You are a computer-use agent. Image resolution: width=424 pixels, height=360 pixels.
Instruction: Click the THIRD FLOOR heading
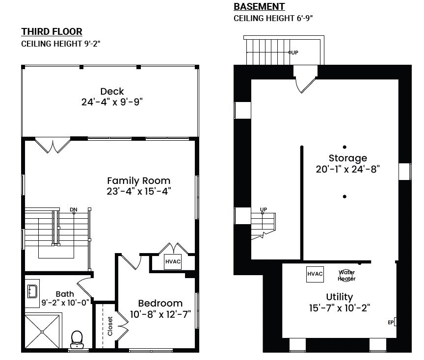coord(52,31)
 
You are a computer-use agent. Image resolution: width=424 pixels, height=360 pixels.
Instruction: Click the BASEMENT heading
coord(259,6)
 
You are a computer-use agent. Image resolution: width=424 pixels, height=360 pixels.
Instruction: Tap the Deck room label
coord(112,91)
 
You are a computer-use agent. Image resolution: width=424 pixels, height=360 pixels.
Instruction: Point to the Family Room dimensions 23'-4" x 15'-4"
coord(139,191)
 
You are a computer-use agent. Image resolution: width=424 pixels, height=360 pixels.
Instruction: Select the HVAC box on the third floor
coord(173,261)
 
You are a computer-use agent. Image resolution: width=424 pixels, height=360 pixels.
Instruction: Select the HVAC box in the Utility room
coord(315,274)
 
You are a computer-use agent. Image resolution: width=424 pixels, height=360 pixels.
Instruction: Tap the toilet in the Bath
coord(77,339)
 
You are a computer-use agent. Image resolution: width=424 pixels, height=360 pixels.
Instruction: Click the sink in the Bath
coord(32,291)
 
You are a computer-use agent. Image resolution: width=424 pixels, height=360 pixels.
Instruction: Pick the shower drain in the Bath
coord(42,332)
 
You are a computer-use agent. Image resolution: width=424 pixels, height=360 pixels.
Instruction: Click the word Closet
coord(110,326)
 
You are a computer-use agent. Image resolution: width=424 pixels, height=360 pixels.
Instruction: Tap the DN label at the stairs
coord(73,209)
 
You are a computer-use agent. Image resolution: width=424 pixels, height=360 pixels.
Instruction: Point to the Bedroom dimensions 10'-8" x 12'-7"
coord(160,314)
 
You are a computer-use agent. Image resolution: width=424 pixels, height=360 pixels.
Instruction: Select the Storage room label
coord(348,158)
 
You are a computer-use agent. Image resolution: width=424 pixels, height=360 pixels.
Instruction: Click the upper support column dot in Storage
coord(344,147)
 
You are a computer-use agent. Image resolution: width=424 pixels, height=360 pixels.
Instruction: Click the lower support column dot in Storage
coord(344,197)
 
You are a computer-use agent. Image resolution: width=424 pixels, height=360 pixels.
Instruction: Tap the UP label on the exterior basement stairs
coord(294,52)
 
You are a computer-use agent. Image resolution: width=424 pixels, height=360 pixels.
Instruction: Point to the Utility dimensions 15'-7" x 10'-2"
coord(340,308)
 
